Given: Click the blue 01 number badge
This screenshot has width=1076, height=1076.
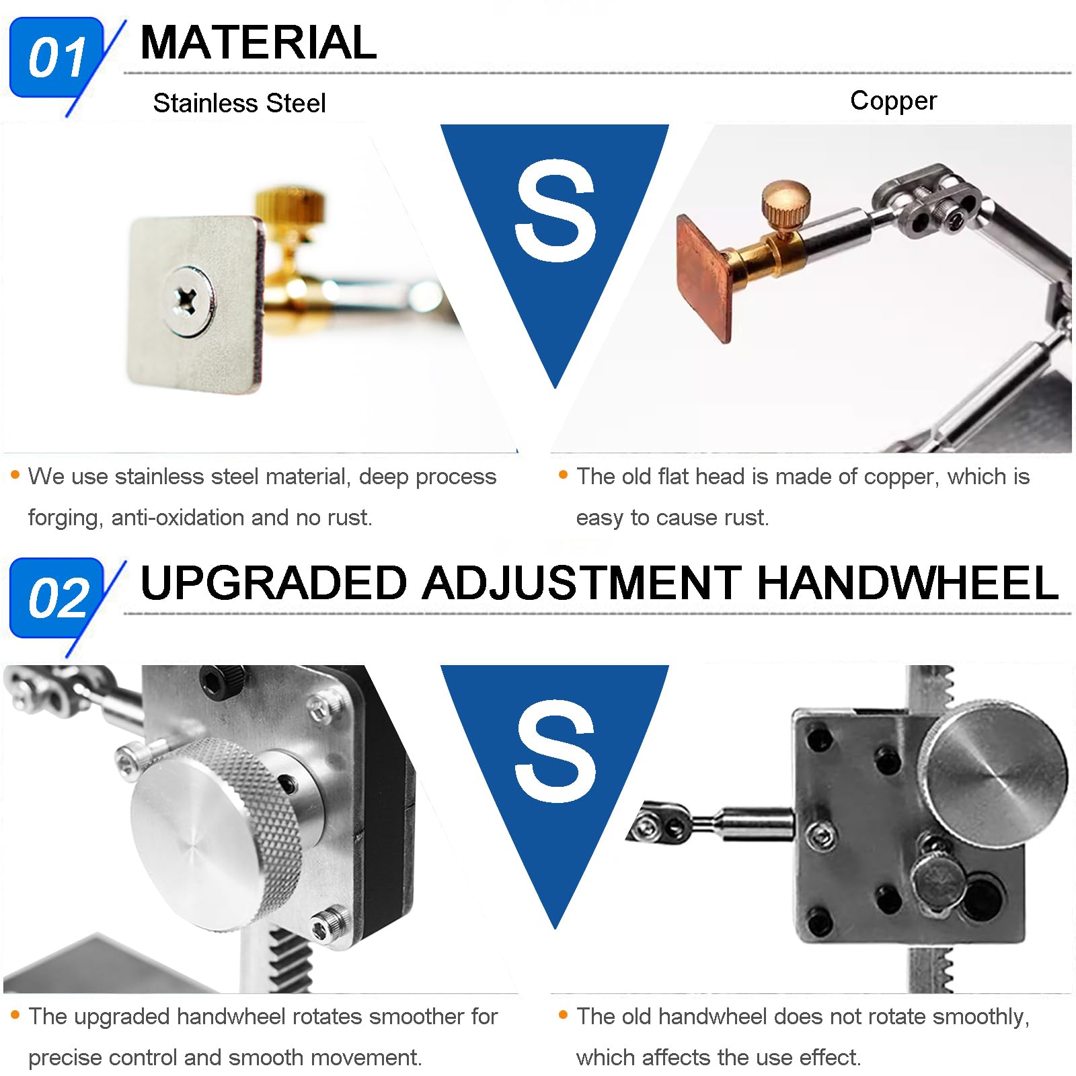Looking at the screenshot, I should coord(56,58).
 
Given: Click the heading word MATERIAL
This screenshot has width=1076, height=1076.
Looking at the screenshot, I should coord(258,42).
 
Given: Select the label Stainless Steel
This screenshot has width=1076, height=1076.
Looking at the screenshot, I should coord(239,103).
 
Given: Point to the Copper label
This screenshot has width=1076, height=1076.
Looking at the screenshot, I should coord(892,100).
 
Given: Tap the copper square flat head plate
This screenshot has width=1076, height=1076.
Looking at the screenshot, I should coord(703,276).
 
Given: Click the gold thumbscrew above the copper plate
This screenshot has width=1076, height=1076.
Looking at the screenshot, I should coord(784,202).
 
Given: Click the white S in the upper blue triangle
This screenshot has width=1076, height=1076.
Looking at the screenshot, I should coord(555,210).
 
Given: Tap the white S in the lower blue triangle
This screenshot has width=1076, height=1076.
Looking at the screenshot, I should coord(555,751).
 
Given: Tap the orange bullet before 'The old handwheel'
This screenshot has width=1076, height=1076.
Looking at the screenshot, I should coord(563,1014).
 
